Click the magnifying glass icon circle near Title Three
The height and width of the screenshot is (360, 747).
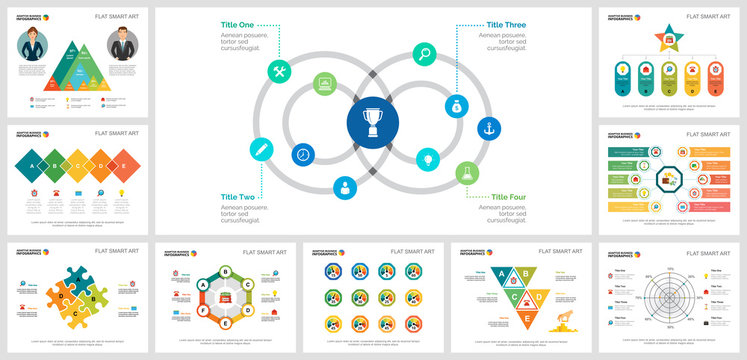[424, 54]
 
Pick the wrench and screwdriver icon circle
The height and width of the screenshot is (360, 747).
[281, 70]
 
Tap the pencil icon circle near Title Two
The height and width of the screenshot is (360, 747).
[261, 149]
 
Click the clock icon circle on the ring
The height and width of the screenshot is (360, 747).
[302, 155]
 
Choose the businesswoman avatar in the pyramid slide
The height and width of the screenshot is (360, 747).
[32, 44]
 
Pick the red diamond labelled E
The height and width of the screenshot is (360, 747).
[124, 166]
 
